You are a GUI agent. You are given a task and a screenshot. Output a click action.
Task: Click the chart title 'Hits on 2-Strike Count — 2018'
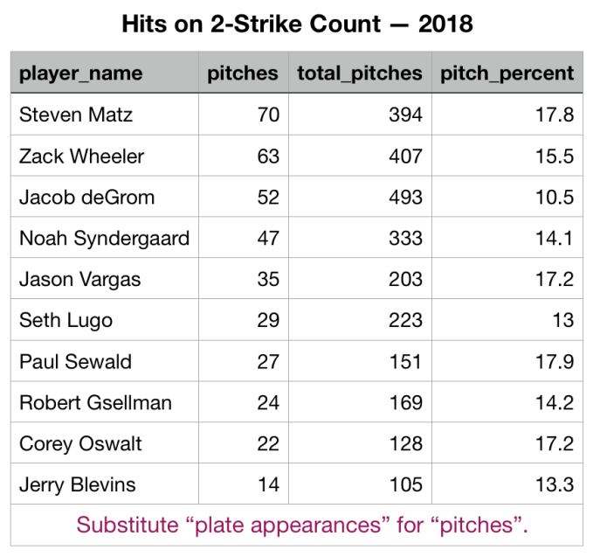click(x=296, y=23)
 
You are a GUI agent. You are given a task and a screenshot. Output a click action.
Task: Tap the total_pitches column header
click(x=359, y=73)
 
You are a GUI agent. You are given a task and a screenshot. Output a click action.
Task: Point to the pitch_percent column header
click(x=507, y=73)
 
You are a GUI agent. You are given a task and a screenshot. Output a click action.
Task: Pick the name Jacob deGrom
click(x=86, y=198)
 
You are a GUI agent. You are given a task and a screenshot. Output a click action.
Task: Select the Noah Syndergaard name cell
click(x=104, y=239)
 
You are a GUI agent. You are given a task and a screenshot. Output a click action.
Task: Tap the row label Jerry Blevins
click(x=77, y=484)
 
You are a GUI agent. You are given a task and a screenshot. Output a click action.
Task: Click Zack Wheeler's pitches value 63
click(x=268, y=157)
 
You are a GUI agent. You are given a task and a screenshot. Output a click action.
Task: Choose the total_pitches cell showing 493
click(x=406, y=198)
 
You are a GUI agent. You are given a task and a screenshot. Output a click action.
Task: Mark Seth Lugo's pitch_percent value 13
click(x=562, y=321)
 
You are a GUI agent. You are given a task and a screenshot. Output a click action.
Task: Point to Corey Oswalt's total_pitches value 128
click(x=406, y=443)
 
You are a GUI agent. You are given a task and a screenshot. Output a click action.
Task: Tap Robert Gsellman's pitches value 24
click(x=268, y=403)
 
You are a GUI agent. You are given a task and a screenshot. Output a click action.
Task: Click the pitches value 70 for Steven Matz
click(x=268, y=115)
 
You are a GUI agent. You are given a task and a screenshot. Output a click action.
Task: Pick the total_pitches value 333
click(x=406, y=239)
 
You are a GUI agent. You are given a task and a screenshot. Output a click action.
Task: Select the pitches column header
click(x=243, y=73)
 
